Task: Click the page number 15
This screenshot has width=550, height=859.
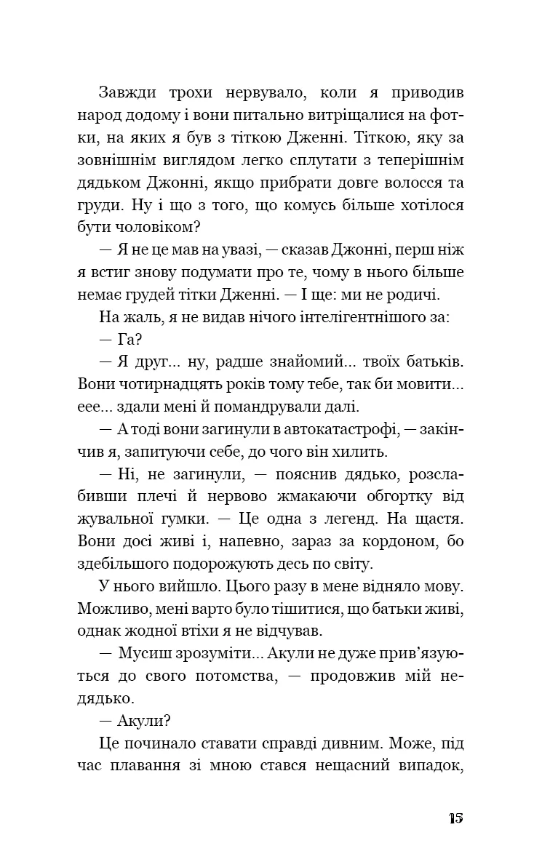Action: tap(455, 818)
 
